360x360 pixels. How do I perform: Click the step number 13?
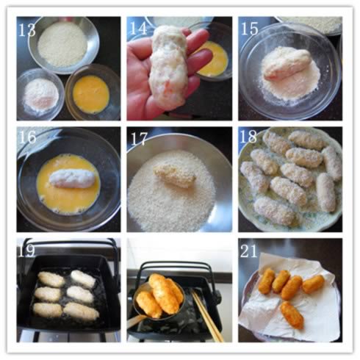(x=27, y=30)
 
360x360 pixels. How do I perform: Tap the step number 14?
(x=138, y=29)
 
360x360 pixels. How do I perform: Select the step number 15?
(x=250, y=29)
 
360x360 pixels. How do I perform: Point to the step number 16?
(x=27, y=137)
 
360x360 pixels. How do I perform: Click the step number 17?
(x=139, y=139)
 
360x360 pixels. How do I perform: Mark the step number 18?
(x=248, y=137)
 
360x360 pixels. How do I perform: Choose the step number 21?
(x=249, y=251)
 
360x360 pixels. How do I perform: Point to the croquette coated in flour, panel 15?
(x=286, y=65)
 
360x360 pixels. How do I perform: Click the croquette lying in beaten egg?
(x=72, y=179)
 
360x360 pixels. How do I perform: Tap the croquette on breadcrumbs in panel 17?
(x=174, y=176)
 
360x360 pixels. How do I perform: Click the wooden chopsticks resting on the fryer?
(x=207, y=315)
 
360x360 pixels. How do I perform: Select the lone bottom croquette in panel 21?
(x=292, y=315)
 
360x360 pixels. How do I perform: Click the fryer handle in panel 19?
(x=70, y=245)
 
